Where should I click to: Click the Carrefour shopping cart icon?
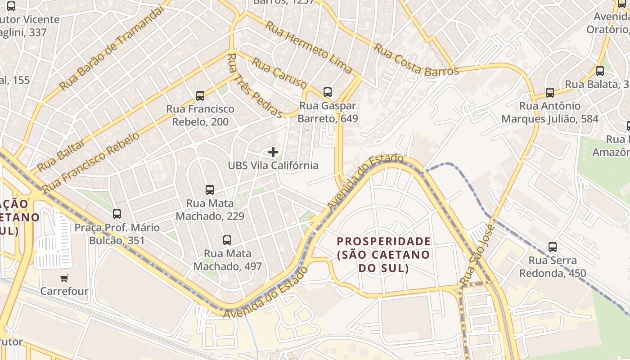(x=64, y=278)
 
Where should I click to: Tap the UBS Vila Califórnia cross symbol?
(x=273, y=152)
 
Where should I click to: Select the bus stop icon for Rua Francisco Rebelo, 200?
(x=200, y=95)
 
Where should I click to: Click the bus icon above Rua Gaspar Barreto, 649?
(x=328, y=92)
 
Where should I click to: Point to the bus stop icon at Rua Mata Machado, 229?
(x=210, y=190)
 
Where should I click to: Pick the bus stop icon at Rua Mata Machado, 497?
(x=227, y=240)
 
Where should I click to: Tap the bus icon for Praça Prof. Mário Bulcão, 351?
(x=117, y=214)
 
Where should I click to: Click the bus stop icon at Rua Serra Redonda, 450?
(x=553, y=247)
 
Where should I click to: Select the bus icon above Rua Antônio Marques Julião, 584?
(x=550, y=93)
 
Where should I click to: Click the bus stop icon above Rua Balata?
(x=600, y=71)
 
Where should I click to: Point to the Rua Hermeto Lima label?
(x=308, y=47)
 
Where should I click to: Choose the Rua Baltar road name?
(x=61, y=155)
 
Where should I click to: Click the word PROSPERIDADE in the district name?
(x=384, y=241)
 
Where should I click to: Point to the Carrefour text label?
(x=64, y=291)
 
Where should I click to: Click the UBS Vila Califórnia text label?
(x=273, y=165)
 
